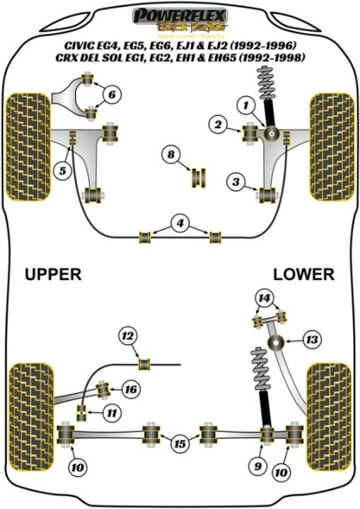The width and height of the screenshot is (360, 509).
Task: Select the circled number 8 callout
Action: pos(171,155)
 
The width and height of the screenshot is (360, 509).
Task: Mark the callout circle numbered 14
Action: pos(265,298)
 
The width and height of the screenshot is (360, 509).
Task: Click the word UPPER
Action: pos(52,274)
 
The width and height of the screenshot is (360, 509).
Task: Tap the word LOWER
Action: pos(303,274)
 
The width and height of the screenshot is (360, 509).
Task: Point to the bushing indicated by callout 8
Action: pos(200,179)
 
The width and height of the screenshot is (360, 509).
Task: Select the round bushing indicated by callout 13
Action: pos(275,344)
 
